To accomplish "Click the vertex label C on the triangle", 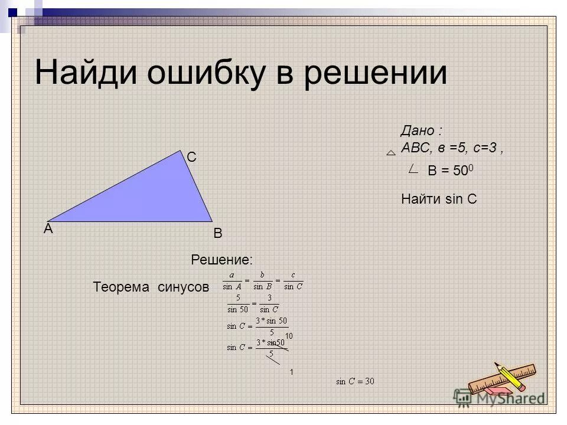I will [x=192, y=158].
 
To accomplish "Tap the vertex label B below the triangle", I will [x=217, y=234].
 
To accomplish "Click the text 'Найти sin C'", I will [x=438, y=200].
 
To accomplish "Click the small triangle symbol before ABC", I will [x=390, y=152].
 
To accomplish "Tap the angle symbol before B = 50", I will [x=414, y=170].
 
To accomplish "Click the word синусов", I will [x=183, y=287].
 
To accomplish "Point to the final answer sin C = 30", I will [x=355, y=381].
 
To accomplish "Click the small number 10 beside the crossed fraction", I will [x=289, y=336].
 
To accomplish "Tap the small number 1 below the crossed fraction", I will [x=291, y=373].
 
